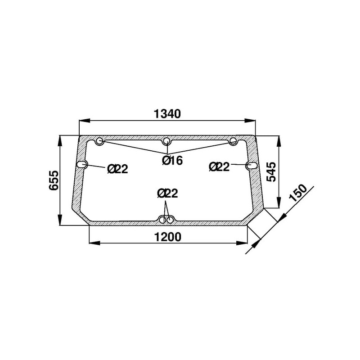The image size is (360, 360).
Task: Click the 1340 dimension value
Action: click(167, 114)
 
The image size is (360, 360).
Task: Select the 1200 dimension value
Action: click(168, 237)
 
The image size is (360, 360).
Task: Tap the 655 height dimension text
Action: click(54, 180)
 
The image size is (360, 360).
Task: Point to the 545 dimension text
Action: click(271, 171)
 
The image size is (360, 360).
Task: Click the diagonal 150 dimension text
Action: click(298, 193)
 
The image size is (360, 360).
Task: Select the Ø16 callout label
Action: click(172, 160)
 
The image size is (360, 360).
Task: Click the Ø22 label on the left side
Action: click(117, 169)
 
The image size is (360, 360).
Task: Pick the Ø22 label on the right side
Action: click(219, 166)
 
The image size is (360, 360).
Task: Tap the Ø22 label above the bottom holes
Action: click(167, 193)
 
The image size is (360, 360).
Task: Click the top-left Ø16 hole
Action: click(99, 141)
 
